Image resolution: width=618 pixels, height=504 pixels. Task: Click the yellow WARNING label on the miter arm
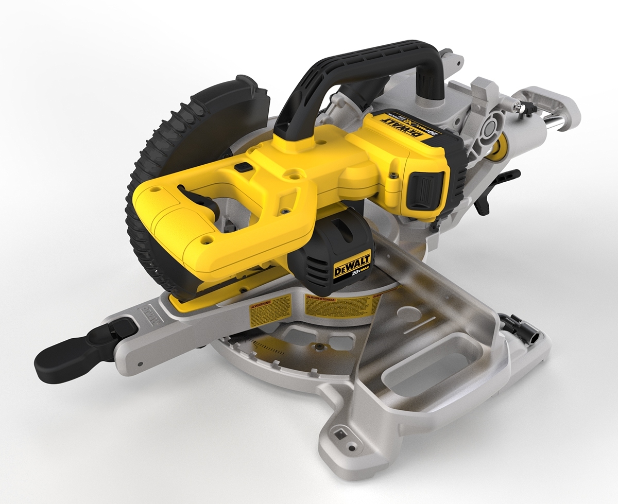pos(271,311)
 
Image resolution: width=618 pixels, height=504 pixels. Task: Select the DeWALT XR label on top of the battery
pos(407,126)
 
